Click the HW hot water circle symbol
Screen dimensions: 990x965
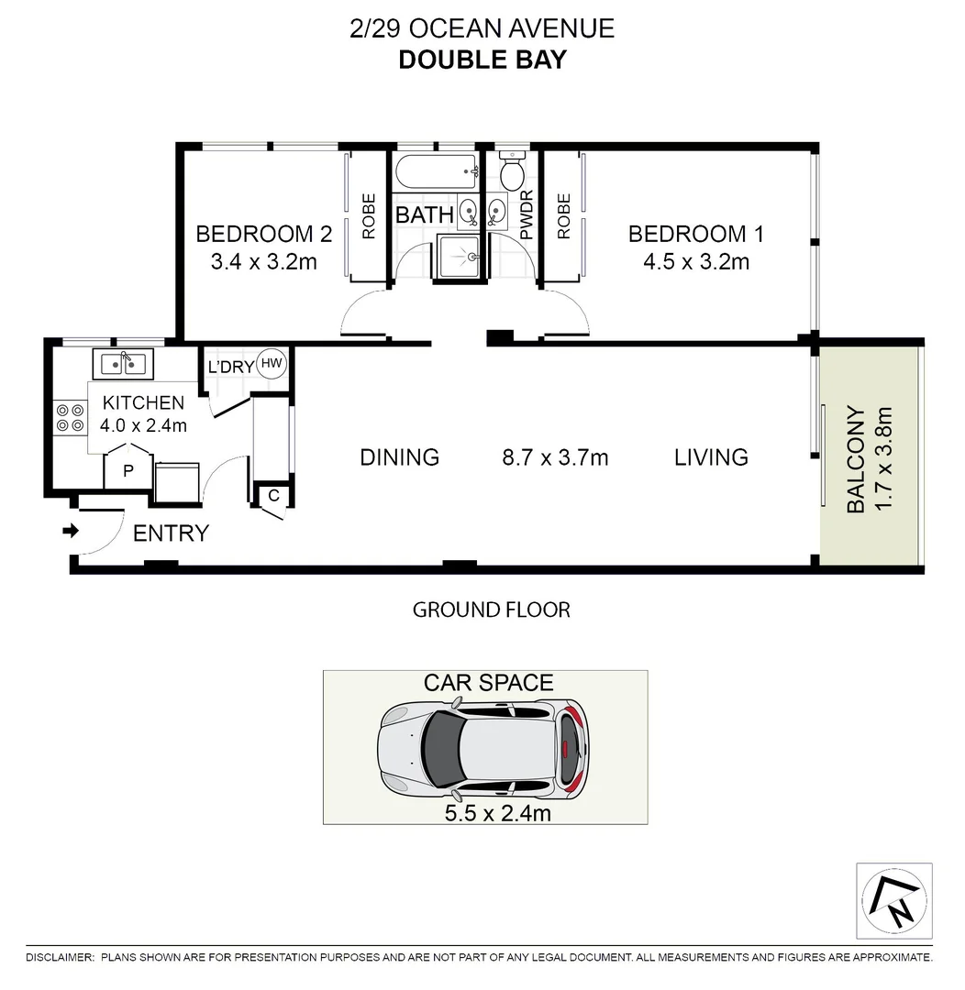(272, 364)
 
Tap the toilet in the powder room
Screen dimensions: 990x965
(511, 170)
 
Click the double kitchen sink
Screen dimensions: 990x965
(124, 364)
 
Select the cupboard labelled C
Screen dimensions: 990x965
(273, 496)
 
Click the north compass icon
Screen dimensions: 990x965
(893, 901)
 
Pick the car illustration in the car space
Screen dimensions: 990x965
(484, 747)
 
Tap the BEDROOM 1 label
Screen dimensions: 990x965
(695, 234)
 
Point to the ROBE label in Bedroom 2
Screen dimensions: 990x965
(369, 216)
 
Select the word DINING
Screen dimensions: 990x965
(399, 456)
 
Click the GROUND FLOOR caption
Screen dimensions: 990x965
(491, 609)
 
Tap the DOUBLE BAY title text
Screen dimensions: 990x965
(482, 60)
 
